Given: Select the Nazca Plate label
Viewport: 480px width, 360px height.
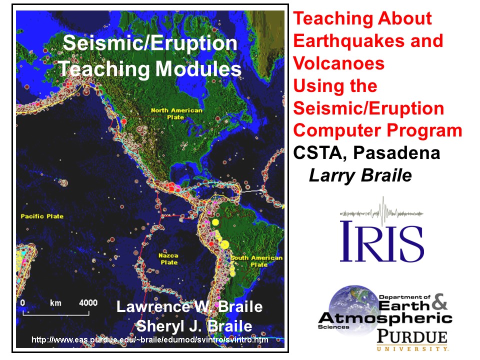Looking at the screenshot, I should [168, 258].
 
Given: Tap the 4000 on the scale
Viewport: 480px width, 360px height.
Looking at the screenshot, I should [88, 303].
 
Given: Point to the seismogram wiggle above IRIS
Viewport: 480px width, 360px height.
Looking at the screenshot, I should [381, 210].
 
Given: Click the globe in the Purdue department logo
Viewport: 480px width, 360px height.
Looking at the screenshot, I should [348, 305].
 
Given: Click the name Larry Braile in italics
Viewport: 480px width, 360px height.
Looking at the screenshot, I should [360, 175].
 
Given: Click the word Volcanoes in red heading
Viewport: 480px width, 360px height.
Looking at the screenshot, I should [338, 63].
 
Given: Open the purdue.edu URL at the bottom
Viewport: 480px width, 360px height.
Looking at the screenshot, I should [150, 340].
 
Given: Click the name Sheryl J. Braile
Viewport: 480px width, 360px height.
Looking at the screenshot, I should [194, 326].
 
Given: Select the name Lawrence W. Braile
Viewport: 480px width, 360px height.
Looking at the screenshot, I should [189, 306].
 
